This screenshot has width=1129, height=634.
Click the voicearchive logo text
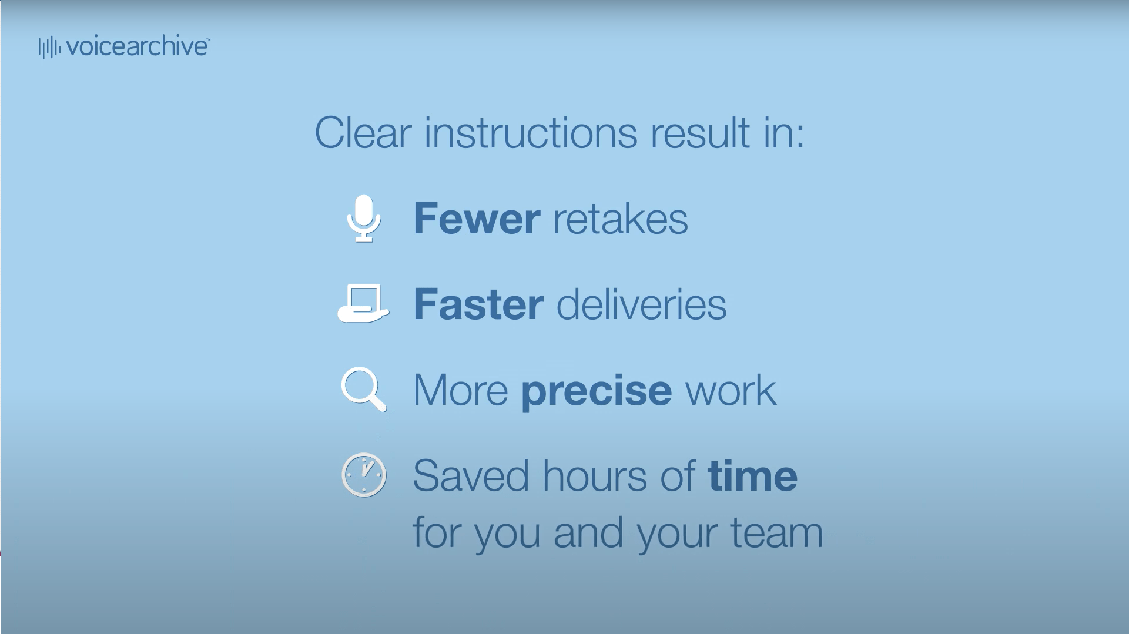(x=138, y=47)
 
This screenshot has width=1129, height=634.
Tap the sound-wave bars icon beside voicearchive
(x=49, y=48)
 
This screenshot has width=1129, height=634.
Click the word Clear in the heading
(x=363, y=133)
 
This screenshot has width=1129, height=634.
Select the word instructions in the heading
(x=530, y=133)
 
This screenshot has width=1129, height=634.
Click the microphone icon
(x=364, y=218)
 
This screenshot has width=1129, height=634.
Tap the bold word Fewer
(x=477, y=219)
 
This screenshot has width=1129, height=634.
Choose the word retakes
(x=620, y=219)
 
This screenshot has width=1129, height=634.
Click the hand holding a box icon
(x=363, y=303)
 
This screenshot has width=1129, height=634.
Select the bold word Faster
(x=478, y=304)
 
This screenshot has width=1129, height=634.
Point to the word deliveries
(x=641, y=304)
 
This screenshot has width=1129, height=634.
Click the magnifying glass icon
(x=364, y=389)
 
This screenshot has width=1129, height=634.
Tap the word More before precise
(x=461, y=390)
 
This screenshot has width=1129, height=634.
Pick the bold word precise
(x=597, y=391)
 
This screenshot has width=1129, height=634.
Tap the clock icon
(x=364, y=475)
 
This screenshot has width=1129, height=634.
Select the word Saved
(x=470, y=475)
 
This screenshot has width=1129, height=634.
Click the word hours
(x=594, y=475)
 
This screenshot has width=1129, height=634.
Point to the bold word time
(x=753, y=475)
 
